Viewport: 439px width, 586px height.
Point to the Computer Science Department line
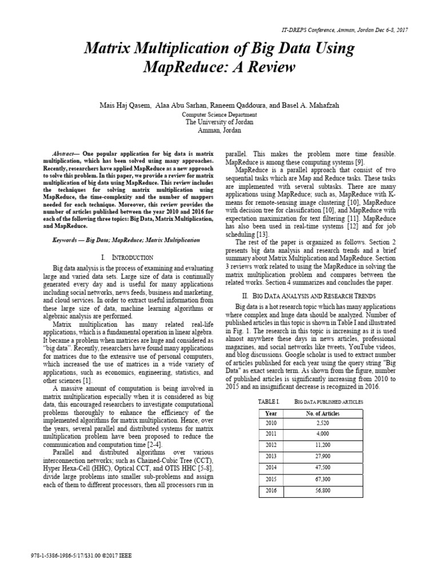(x=219, y=114)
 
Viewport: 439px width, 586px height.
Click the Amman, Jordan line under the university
(x=219, y=130)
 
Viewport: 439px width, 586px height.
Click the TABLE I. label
(x=270, y=402)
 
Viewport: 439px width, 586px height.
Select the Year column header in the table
(x=271, y=413)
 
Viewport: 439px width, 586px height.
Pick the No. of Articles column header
(x=323, y=413)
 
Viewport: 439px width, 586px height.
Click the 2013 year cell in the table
(x=271, y=457)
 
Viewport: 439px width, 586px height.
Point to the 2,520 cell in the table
(x=323, y=423)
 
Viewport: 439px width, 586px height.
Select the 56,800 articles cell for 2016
(x=323, y=490)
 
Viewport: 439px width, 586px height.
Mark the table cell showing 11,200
(x=323, y=446)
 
